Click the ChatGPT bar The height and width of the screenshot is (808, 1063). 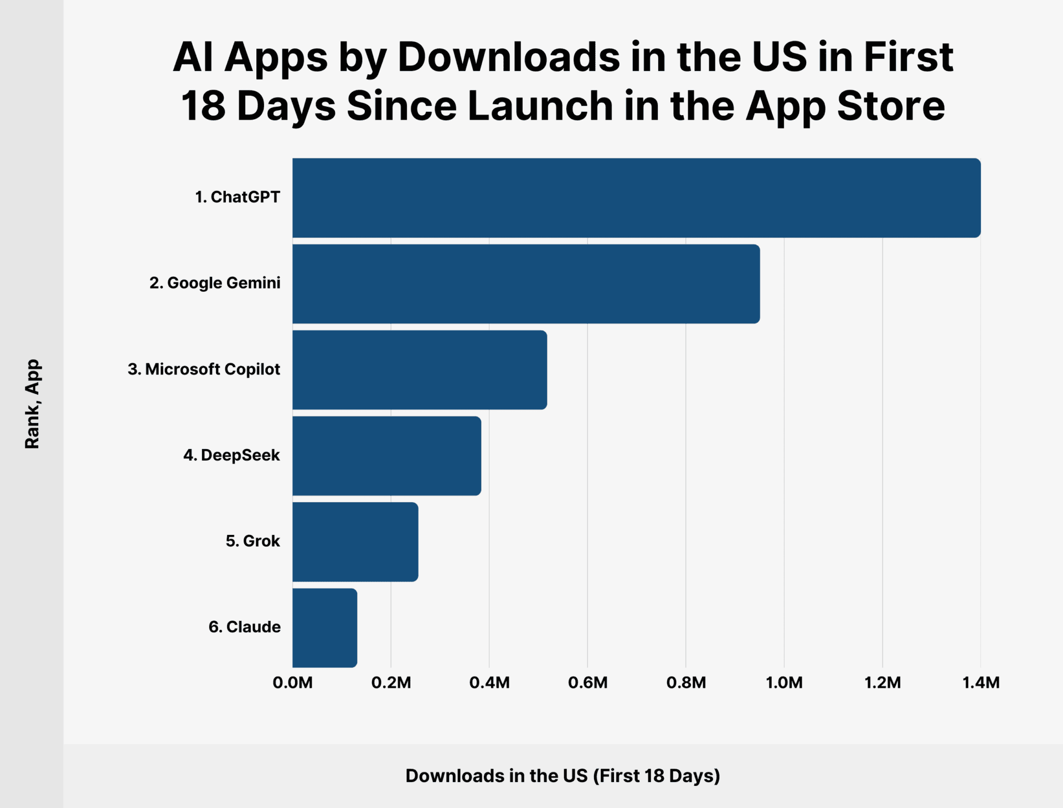[x=636, y=198]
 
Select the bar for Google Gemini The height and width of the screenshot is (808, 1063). [x=526, y=284]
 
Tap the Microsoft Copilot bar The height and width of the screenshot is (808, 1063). [x=420, y=370]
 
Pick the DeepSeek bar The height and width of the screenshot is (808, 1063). [x=386, y=456]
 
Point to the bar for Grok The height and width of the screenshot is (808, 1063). [x=355, y=542]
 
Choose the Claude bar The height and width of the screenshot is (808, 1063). [x=324, y=627]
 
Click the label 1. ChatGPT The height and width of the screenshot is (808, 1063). [x=237, y=197]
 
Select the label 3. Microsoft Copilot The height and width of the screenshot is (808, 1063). [x=204, y=369]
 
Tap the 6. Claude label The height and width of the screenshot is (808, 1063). [x=244, y=627]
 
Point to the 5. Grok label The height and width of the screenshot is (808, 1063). [x=252, y=541]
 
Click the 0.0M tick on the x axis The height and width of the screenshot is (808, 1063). [x=292, y=683]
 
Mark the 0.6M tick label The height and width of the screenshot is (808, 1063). [x=587, y=683]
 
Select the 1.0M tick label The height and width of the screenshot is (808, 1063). [x=784, y=683]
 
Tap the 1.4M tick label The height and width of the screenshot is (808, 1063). [x=981, y=683]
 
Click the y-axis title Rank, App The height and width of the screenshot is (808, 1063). [x=32, y=404]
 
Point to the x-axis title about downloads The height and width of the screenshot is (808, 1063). [x=563, y=776]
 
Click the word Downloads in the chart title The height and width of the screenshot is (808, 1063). [x=508, y=57]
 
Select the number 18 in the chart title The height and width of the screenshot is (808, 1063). [x=203, y=106]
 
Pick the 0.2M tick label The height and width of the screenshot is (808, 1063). [x=391, y=683]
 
